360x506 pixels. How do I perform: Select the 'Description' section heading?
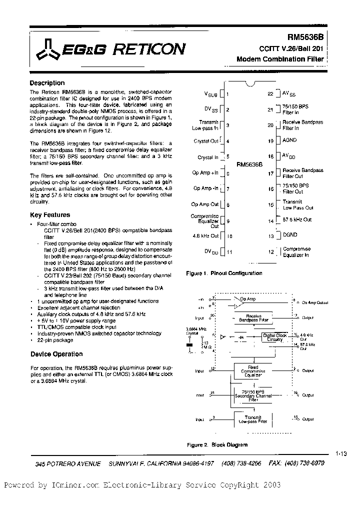tap(47, 83)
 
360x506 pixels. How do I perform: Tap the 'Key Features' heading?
tap(50, 214)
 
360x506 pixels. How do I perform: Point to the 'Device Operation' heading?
tap(56, 354)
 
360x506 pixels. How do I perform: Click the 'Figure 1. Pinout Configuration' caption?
tap(224, 273)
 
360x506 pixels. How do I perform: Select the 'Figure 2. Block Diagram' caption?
tap(217, 444)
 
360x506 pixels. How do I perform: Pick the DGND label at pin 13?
tap(290, 234)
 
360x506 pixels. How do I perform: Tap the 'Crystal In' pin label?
tap(208, 157)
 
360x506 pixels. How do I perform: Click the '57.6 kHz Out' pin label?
tap(297, 219)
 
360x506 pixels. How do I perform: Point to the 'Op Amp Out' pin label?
tap(205, 204)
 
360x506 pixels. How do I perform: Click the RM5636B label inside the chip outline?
tap(248, 163)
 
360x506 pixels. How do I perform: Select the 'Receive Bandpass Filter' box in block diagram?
tap(253, 318)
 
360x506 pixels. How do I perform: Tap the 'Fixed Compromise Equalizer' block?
tap(253, 370)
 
